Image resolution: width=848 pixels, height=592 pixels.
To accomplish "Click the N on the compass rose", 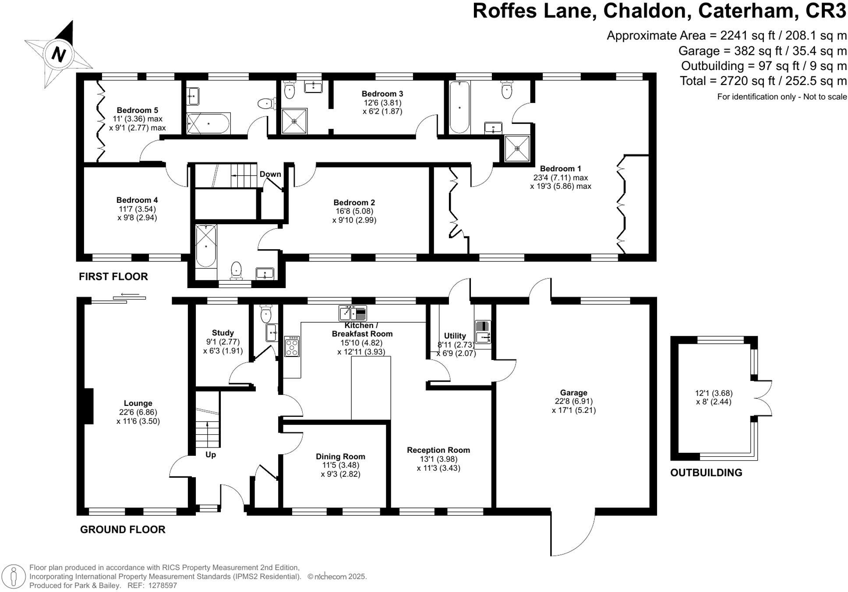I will (x=58, y=54).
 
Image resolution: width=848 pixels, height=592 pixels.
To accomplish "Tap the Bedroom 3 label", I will (x=382, y=94).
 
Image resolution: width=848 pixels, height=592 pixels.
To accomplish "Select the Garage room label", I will (x=573, y=393).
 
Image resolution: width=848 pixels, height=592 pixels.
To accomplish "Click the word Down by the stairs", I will (x=270, y=174).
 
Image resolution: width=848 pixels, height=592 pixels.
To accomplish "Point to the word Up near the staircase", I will (x=211, y=455).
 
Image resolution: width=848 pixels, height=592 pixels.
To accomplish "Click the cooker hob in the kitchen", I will (x=292, y=346).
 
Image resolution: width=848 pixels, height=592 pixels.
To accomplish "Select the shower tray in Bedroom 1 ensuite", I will (x=517, y=149).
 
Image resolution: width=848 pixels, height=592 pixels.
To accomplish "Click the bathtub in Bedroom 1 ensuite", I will (x=459, y=107).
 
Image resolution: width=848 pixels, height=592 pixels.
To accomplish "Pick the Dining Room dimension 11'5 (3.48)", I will (x=340, y=465).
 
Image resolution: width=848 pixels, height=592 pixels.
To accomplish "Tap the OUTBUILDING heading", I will (x=706, y=472).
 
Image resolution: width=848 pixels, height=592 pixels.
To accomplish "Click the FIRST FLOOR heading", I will (x=113, y=276).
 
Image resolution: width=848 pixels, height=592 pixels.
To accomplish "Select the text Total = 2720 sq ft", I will (x=724, y=81).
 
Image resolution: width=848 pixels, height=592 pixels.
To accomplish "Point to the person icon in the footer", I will (x=14, y=576).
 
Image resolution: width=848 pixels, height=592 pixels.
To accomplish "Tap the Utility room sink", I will (x=483, y=337).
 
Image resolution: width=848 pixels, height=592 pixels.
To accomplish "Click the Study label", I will (x=223, y=333).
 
